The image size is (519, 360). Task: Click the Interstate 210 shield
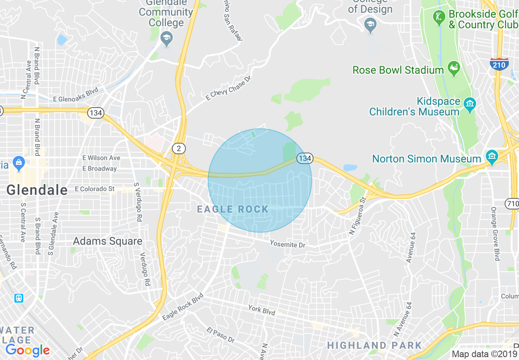click(x=499, y=64)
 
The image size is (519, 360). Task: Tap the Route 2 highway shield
click(x=178, y=148)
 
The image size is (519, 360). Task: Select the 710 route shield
click(x=512, y=203)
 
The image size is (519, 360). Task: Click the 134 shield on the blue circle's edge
click(x=305, y=158)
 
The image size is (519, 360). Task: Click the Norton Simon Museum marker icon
click(x=491, y=156)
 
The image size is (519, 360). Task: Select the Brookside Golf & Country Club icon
click(x=439, y=18)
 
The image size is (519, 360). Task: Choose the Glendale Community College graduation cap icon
click(x=166, y=38)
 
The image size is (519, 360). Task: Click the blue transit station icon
click(x=19, y=297)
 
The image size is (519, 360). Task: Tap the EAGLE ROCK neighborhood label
click(x=232, y=209)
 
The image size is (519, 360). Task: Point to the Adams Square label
click(x=108, y=241)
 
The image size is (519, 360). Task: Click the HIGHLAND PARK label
click(x=374, y=345)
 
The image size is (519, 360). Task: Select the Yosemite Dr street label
click(x=287, y=244)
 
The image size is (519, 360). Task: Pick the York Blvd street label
click(x=262, y=310)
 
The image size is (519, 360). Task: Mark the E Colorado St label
click(x=95, y=189)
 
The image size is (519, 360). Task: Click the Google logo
click(x=27, y=350)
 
